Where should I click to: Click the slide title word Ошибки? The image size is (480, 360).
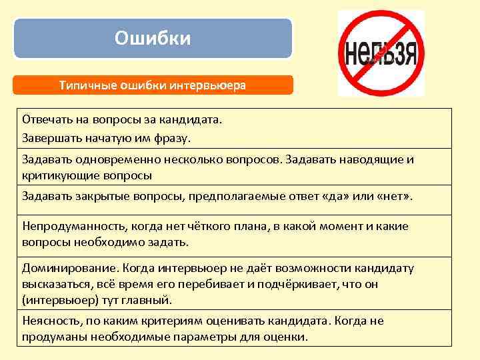click(x=153, y=39)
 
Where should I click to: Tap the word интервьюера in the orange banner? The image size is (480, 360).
click(x=212, y=85)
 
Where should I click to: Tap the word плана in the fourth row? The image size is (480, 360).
click(x=246, y=226)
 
